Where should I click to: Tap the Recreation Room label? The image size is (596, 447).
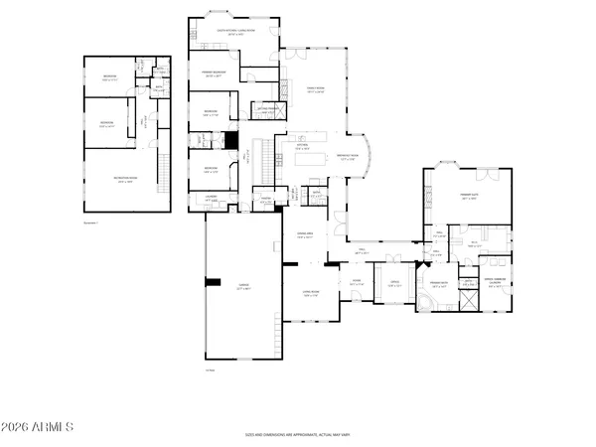(125, 181)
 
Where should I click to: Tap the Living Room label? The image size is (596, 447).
(310, 294)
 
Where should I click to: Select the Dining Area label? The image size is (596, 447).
(305, 236)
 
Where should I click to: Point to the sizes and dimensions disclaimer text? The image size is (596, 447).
(297, 434)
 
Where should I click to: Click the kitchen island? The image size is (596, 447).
(309, 159)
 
